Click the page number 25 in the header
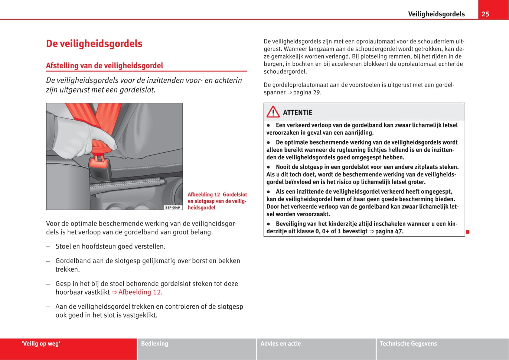(x=485, y=14)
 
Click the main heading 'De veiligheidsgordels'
(x=94, y=43)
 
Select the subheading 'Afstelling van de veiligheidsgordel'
(x=104, y=66)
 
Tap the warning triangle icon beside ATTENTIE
(x=273, y=112)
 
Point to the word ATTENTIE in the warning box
(x=297, y=113)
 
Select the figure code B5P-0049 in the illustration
(x=173, y=207)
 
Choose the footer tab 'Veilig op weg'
(x=41, y=344)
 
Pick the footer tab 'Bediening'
(x=154, y=344)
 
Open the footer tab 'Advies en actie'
(x=280, y=344)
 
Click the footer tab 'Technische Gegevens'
(x=408, y=344)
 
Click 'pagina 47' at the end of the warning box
(x=389, y=231)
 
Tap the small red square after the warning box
(x=468, y=232)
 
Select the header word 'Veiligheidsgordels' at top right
(x=436, y=14)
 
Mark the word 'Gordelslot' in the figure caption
(x=235, y=195)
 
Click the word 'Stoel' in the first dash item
(x=63, y=246)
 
